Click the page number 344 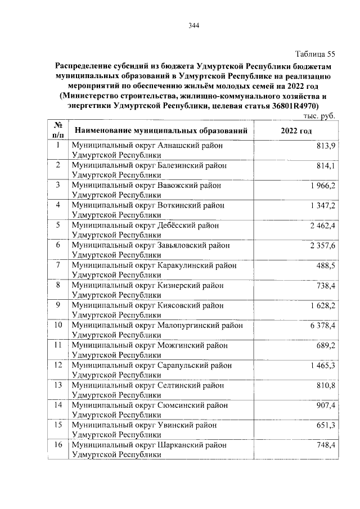[194, 25]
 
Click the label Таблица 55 [316, 54]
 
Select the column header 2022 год [295, 130]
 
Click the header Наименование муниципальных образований [161, 130]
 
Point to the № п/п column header [57, 130]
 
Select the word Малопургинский [187, 326]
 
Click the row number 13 [57, 385]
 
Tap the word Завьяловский [183, 245]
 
